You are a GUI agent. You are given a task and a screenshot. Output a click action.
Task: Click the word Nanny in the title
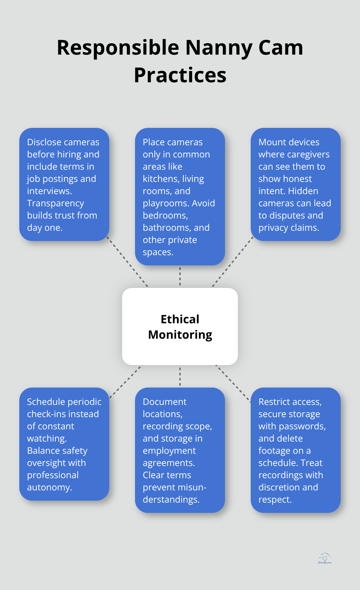tap(219, 48)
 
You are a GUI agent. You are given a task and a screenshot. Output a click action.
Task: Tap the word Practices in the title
tap(180, 76)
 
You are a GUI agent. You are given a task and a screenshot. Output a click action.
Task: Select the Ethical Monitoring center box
tap(180, 326)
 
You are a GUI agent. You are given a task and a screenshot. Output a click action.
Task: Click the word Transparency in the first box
tap(55, 203)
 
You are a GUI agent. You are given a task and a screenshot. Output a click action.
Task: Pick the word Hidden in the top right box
tap(303, 191)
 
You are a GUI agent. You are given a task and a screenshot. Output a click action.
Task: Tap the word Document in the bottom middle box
tap(165, 402)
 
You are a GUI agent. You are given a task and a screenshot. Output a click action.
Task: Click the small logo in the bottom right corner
tap(325, 558)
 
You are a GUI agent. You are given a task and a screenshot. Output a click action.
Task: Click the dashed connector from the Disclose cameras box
tap(127, 262)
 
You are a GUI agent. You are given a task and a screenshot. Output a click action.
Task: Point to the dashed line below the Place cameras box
tap(180, 276)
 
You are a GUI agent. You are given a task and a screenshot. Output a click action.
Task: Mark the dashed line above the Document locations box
tap(180, 376)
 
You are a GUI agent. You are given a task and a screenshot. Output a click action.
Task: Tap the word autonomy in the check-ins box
tap(49, 487)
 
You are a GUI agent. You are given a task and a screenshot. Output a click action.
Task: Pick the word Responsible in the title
tap(118, 48)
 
